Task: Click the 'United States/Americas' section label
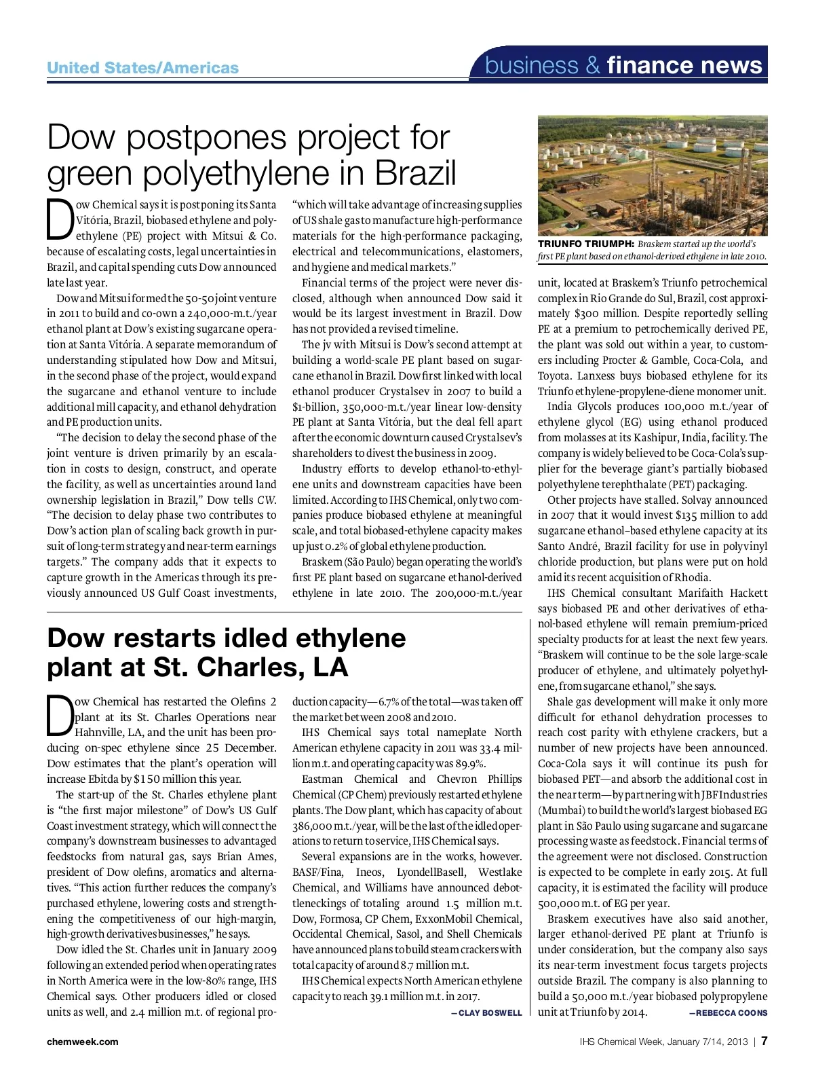pos(142,68)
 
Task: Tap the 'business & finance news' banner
pos(624,65)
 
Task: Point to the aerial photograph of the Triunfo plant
pos(653,175)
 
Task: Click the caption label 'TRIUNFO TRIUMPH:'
pos(585,244)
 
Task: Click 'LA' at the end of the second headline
pos(330,668)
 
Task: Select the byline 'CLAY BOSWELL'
pos(490,1013)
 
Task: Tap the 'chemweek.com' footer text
pos(82,1042)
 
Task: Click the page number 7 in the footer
pos(764,1041)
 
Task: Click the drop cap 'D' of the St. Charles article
pos(59,716)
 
